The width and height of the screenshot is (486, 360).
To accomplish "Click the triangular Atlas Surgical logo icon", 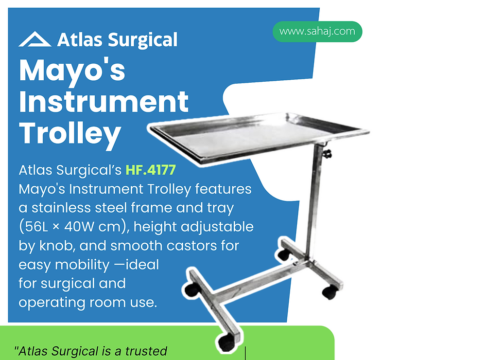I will click(x=35, y=39).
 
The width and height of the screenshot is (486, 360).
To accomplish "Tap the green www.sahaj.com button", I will click(x=317, y=32).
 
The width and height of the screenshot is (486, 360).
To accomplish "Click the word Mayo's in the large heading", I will click(x=72, y=71).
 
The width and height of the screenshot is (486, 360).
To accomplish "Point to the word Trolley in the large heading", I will click(x=70, y=132).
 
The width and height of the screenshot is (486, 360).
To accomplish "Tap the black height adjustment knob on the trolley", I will click(x=329, y=154).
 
